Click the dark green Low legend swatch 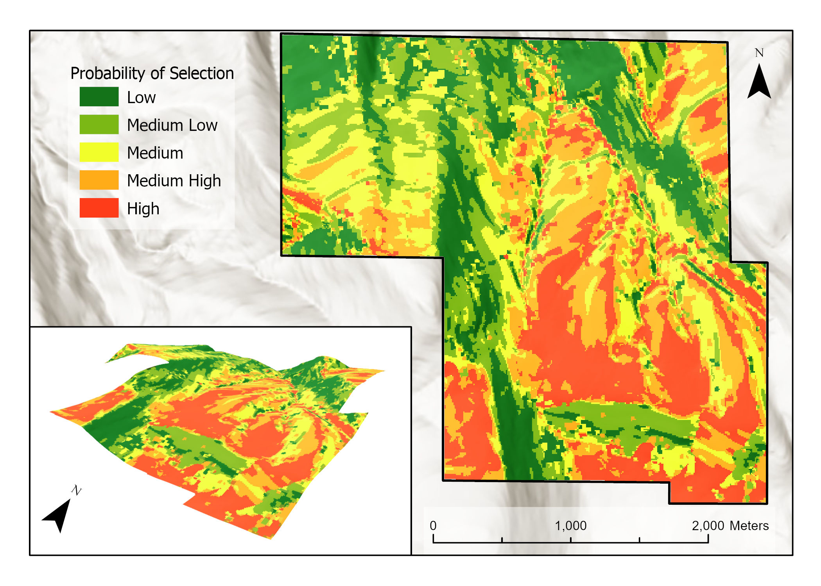click(x=99, y=96)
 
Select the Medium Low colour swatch click(x=99, y=124)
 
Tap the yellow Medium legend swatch click(x=99, y=152)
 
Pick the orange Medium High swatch click(x=99, y=180)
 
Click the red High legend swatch click(x=99, y=207)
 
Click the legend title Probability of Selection click(x=152, y=73)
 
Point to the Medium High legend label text click(x=174, y=180)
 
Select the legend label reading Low click(x=141, y=97)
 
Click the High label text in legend click(x=143, y=209)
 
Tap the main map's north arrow click(x=759, y=82)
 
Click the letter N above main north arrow click(x=759, y=53)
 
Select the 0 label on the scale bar click(x=433, y=525)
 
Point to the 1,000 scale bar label click(x=571, y=525)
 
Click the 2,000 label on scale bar click(x=708, y=525)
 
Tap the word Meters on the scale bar click(x=749, y=525)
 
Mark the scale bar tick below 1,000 click(x=571, y=540)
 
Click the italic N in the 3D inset click(x=76, y=490)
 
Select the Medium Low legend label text click(x=172, y=125)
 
